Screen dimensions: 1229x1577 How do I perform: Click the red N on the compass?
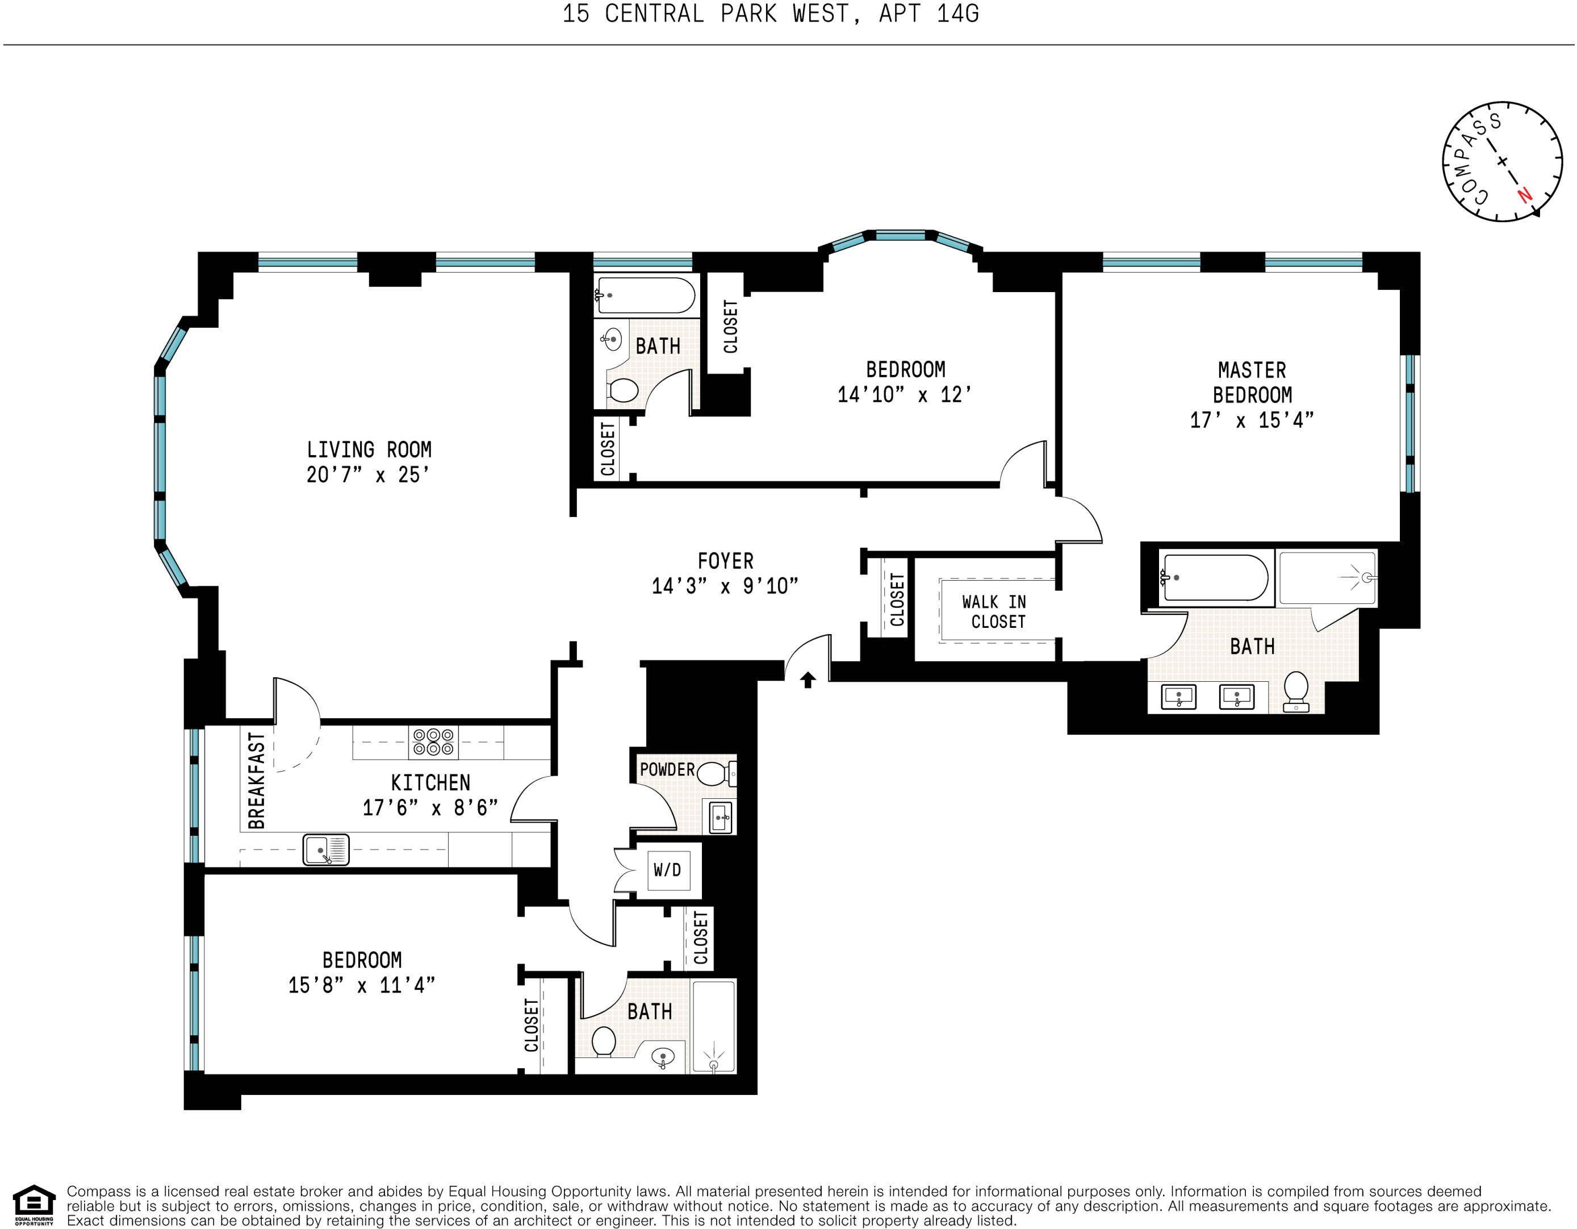pyautogui.click(x=1524, y=195)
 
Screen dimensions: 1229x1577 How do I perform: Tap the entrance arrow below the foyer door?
pyautogui.click(x=808, y=680)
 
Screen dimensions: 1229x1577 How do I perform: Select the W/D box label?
pyautogui.click(x=667, y=870)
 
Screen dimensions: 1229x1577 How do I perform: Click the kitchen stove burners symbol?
pyautogui.click(x=433, y=742)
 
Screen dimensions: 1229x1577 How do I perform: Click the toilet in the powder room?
pyautogui.click(x=713, y=773)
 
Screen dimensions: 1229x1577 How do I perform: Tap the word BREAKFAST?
pyautogui.click(x=256, y=780)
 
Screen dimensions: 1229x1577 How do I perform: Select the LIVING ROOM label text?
pyautogui.click(x=369, y=450)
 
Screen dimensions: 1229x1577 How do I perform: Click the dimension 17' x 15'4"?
pyautogui.click(x=1252, y=420)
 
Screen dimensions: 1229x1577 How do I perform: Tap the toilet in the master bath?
pyautogui.click(x=1296, y=691)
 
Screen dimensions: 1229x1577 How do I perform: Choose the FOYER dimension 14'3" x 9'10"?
pyautogui.click(x=725, y=586)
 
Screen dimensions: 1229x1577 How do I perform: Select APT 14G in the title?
pyautogui.click(x=928, y=14)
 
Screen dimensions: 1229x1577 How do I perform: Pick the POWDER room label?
pyautogui.click(x=667, y=769)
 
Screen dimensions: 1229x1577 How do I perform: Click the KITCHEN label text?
pyautogui.click(x=430, y=782)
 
